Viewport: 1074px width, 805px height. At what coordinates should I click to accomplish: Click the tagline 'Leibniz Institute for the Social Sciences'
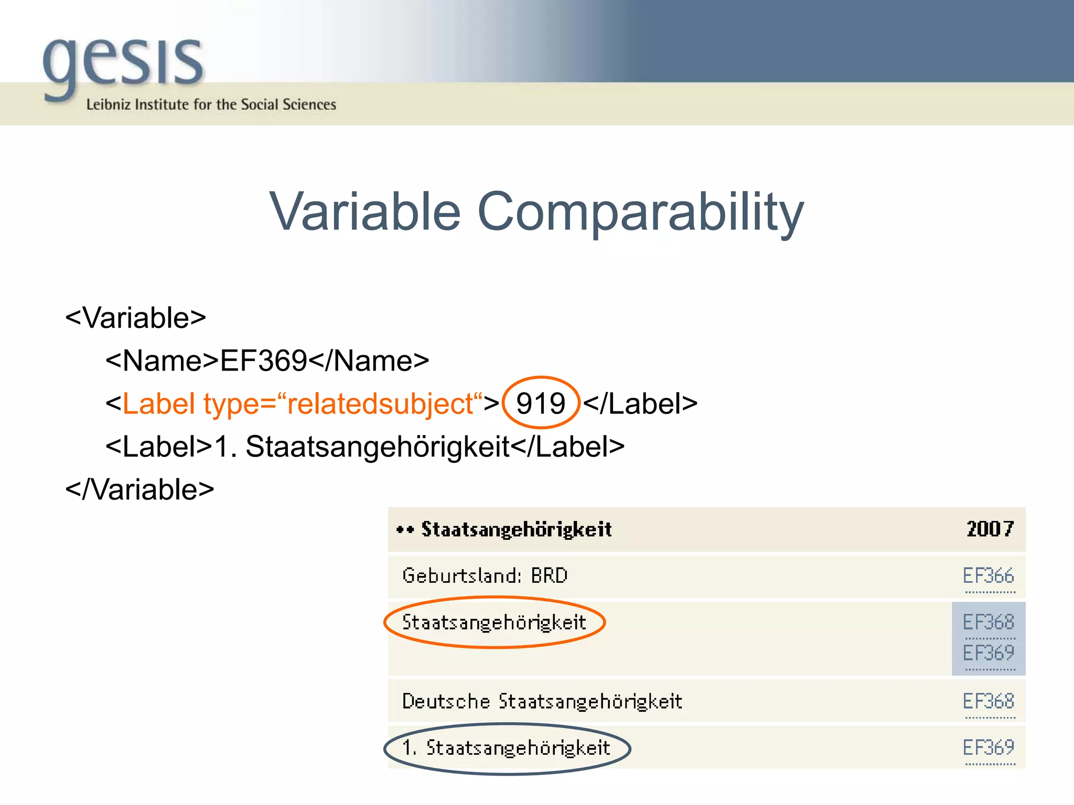click(x=211, y=104)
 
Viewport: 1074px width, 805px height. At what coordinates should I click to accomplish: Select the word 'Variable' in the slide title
click(x=365, y=211)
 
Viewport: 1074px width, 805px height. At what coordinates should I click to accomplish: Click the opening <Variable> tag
click(x=135, y=318)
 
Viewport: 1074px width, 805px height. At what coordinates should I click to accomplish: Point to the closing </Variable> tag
click(x=139, y=489)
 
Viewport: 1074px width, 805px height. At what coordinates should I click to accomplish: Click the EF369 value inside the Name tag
click(x=263, y=361)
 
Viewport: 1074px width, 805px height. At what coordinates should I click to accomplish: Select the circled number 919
click(x=540, y=404)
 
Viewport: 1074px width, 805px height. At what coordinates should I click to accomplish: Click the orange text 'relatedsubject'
click(x=380, y=404)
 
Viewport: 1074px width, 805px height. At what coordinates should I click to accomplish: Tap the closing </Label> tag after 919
click(x=640, y=404)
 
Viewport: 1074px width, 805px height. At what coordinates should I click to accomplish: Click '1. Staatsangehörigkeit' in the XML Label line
click(x=362, y=447)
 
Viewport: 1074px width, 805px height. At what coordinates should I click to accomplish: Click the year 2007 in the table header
click(x=990, y=529)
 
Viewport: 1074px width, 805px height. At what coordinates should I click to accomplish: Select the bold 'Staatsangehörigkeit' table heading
click(x=517, y=529)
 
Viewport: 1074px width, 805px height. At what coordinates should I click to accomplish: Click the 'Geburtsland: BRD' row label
click(x=485, y=575)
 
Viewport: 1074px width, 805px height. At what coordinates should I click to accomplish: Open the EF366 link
click(x=989, y=575)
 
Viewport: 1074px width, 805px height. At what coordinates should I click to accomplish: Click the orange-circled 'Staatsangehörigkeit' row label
click(x=493, y=622)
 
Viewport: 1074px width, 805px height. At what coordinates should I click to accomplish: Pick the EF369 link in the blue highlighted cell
click(x=989, y=653)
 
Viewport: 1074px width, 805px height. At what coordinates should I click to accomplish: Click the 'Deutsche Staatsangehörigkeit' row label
click(x=542, y=701)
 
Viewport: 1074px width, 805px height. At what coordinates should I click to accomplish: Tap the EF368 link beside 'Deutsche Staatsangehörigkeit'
click(x=989, y=701)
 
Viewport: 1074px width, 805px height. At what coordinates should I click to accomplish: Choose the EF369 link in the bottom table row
click(x=989, y=747)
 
